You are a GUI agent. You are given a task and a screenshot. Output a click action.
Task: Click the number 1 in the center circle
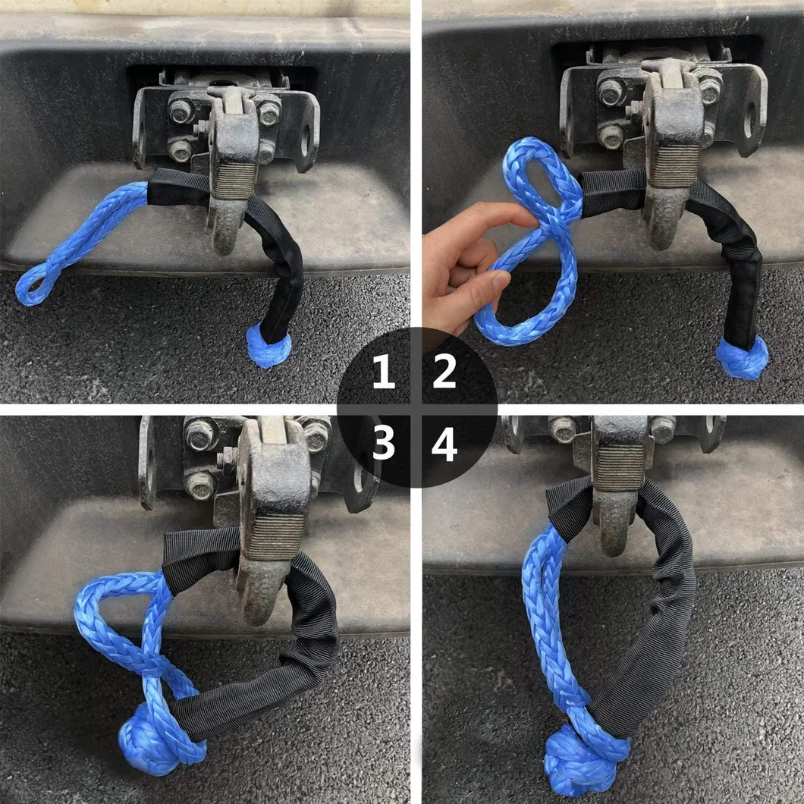pyautogui.click(x=384, y=373)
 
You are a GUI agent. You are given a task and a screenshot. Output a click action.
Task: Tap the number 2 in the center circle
pyautogui.click(x=444, y=373)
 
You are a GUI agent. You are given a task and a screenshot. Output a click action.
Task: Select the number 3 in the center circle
pyautogui.click(x=384, y=444)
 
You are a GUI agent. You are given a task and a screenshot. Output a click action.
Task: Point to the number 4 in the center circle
pyautogui.click(x=444, y=445)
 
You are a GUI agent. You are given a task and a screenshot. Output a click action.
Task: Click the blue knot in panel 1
pyautogui.click(x=269, y=347)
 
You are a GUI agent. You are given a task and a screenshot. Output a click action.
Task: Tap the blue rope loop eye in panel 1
pyautogui.click(x=34, y=284)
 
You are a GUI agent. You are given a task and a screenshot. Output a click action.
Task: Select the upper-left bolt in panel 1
pyautogui.click(x=181, y=111)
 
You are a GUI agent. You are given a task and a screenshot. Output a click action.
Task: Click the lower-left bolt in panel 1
pyautogui.click(x=181, y=149)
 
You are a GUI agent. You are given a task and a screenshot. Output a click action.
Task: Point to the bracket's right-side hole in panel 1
pyautogui.click(x=306, y=140)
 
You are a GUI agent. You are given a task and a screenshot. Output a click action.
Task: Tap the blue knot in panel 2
pyautogui.click(x=741, y=359)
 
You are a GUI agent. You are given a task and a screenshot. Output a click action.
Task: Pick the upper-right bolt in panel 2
pyautogui.click(x=709, y=89)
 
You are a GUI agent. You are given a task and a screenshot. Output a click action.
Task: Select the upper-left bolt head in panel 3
pyautogui.click(x=201, y=434)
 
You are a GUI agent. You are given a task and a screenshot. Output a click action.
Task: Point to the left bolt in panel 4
pyautogui.click(x=563, y=429)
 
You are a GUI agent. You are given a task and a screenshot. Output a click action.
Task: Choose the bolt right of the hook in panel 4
pyautogui.click(x=661, y=429)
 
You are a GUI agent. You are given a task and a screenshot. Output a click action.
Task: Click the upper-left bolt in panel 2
pyautogui.click(x=611, y=92)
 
